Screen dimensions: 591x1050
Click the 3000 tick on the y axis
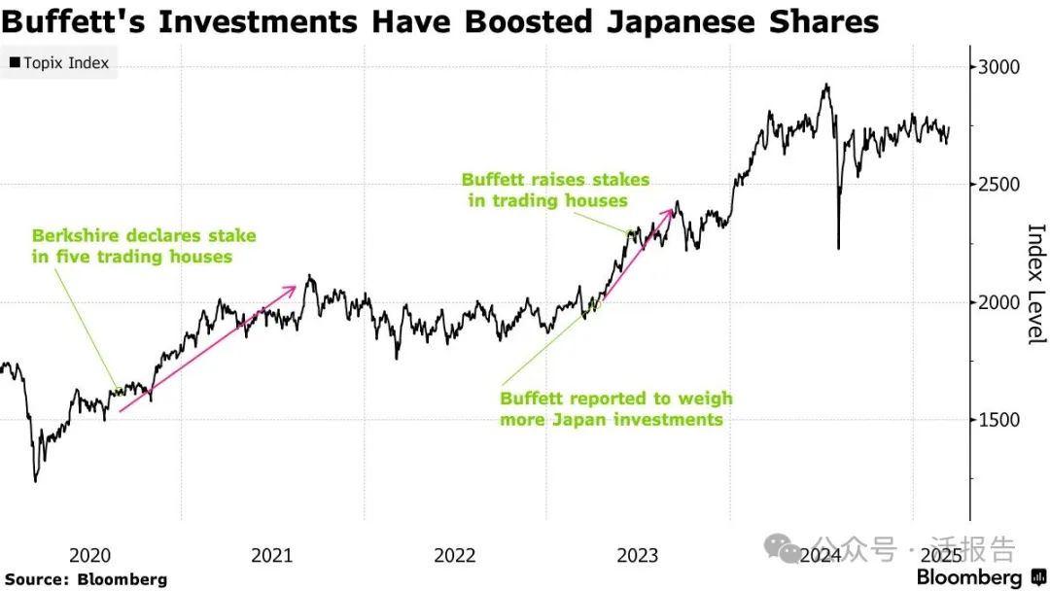tap(999, 67)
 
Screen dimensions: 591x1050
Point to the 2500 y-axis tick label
tap(999, 185)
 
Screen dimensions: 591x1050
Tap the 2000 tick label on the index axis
tap(999, 302)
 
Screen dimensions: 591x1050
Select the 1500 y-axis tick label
tap(999, 420)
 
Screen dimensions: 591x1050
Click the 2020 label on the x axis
tap(89, 555)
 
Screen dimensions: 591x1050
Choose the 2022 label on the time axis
tap(455, 555)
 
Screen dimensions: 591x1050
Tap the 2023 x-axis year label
tap(638, 555)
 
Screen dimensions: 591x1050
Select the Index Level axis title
tap(1036, 284)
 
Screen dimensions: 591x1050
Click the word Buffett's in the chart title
tap(76, 21)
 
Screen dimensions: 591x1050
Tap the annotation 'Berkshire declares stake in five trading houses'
tap(144, 246)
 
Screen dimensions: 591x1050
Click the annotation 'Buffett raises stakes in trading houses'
tap(555, 191)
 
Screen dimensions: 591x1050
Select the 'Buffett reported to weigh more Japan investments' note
tap(616, 409)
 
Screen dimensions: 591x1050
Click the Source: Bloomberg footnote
tap(87, 579)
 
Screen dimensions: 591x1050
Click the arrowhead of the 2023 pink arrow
tap(673, 208)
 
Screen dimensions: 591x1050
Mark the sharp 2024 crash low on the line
tap(838, 248)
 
